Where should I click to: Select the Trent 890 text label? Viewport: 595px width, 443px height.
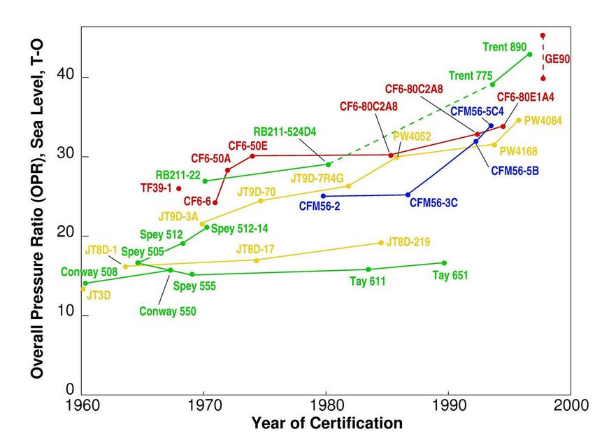point(504,48)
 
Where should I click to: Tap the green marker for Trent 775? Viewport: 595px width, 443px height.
point(492,84)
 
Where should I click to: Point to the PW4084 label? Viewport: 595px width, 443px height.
point(543,120)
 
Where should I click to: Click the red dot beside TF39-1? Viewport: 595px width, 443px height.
point(179,188)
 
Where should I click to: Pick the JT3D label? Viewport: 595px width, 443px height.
point(99,296)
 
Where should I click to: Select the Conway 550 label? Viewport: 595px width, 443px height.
point(168,311)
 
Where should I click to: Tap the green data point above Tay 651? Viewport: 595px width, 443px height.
point(444,263)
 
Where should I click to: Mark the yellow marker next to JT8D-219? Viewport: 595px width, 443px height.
point(381,243)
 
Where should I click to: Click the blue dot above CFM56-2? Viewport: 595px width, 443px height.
point(323,196)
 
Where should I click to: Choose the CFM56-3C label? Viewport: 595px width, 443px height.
point(433,203)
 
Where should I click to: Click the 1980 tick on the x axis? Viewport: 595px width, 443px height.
point(326,405)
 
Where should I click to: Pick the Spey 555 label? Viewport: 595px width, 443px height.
point(194,286)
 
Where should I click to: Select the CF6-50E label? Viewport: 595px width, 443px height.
point(248,145)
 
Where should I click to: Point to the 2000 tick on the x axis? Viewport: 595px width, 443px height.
point(571,405)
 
